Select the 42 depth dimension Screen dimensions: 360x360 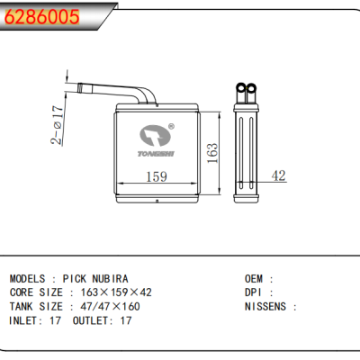point(279,176)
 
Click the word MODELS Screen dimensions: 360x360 point(28,279)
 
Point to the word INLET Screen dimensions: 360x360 point(24,320)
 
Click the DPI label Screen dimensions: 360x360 point(255,292)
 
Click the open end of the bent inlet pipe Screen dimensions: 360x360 point(82,88)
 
